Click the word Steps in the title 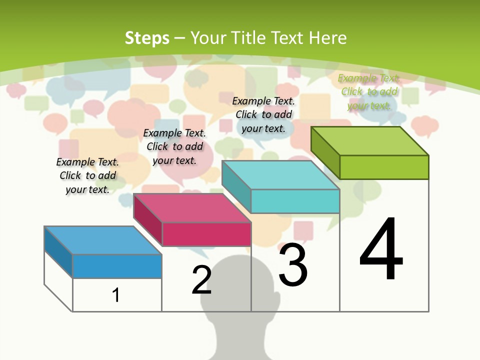point(147,38)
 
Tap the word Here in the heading point(327,38)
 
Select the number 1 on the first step point(116,295)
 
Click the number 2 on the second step point(201,280)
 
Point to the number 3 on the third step point(293,265)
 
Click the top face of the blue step point(102,240)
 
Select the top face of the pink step point(191,207)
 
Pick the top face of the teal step point(280,175)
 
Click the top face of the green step point(369,141)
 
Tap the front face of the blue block point(117,266)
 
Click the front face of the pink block point(206,234)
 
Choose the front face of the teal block point(295,201)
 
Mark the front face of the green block point(384,167)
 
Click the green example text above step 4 point(369,91)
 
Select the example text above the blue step point(87,175)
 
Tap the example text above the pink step point(174,146)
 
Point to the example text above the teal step point(263,114)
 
